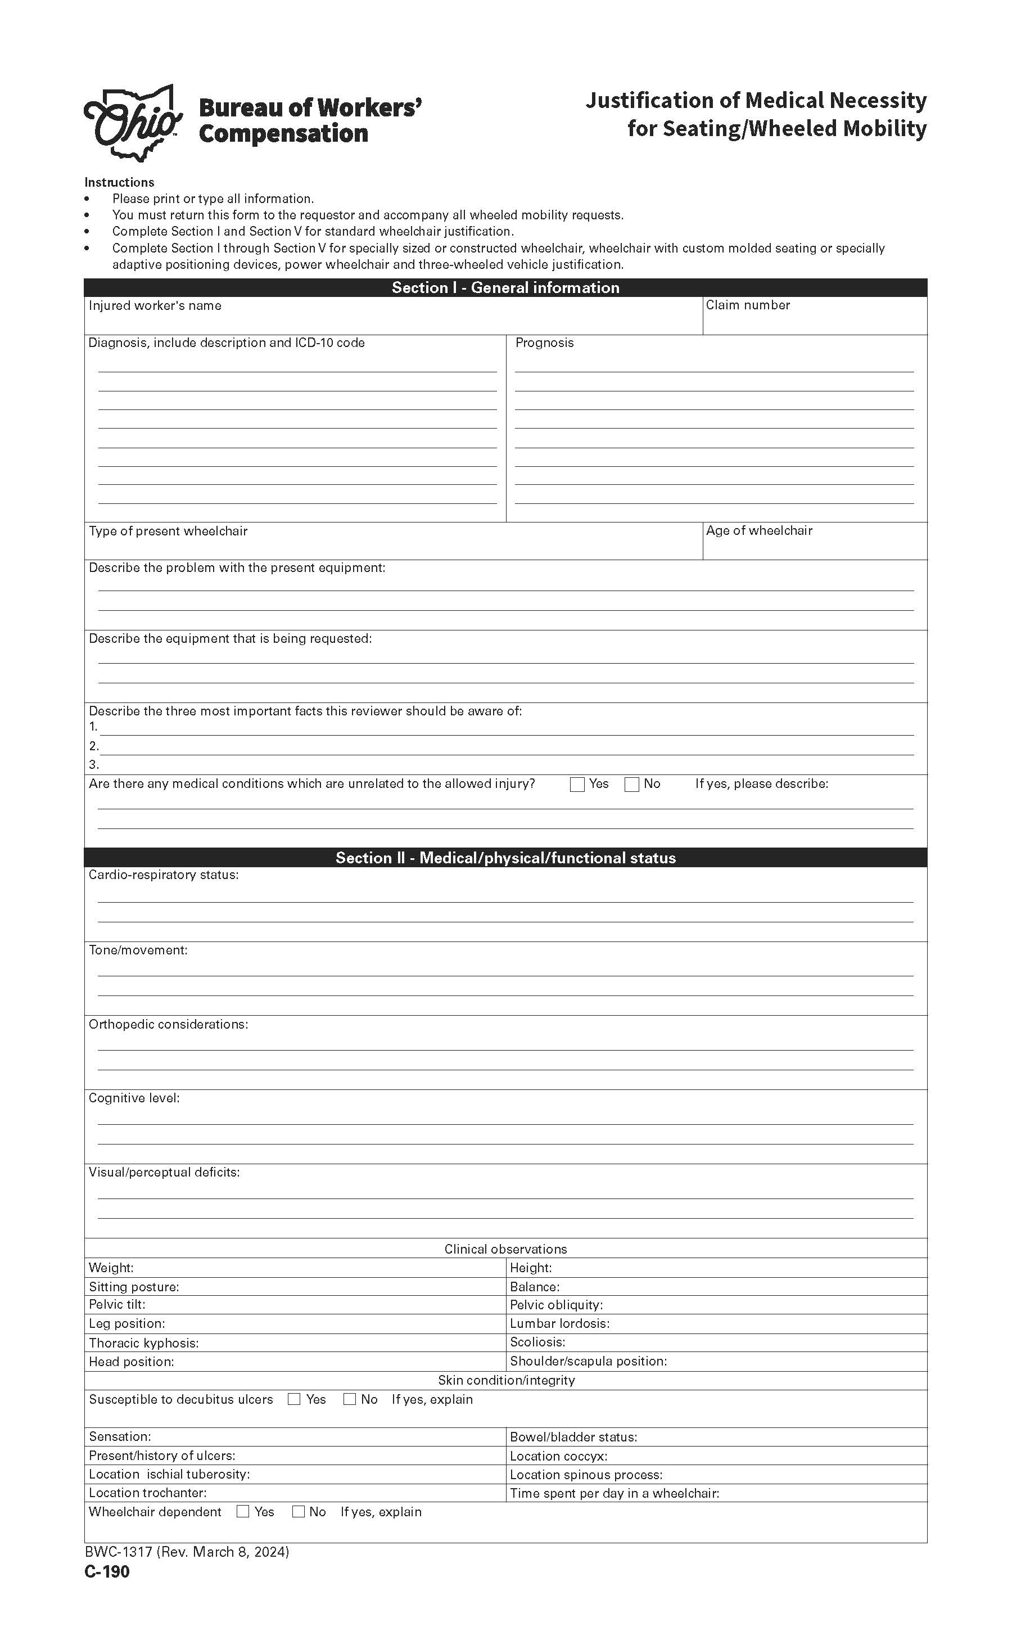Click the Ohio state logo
(133, 123)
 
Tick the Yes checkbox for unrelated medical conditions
(577, 785)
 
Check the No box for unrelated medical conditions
(631, 785)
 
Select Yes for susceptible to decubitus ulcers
(294, 1399)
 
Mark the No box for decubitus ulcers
(349, 1399)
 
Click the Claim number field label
(748, 305)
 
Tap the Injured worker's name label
(155, 306)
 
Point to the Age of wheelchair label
(759, 531)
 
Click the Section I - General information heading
(505, 288)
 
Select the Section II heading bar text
(505, 858)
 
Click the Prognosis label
(544, 343)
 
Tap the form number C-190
(107, 1571)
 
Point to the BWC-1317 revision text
(187, 1552)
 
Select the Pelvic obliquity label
(555, 1305)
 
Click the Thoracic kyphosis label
(143, 1343)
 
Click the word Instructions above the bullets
(119, 182)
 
